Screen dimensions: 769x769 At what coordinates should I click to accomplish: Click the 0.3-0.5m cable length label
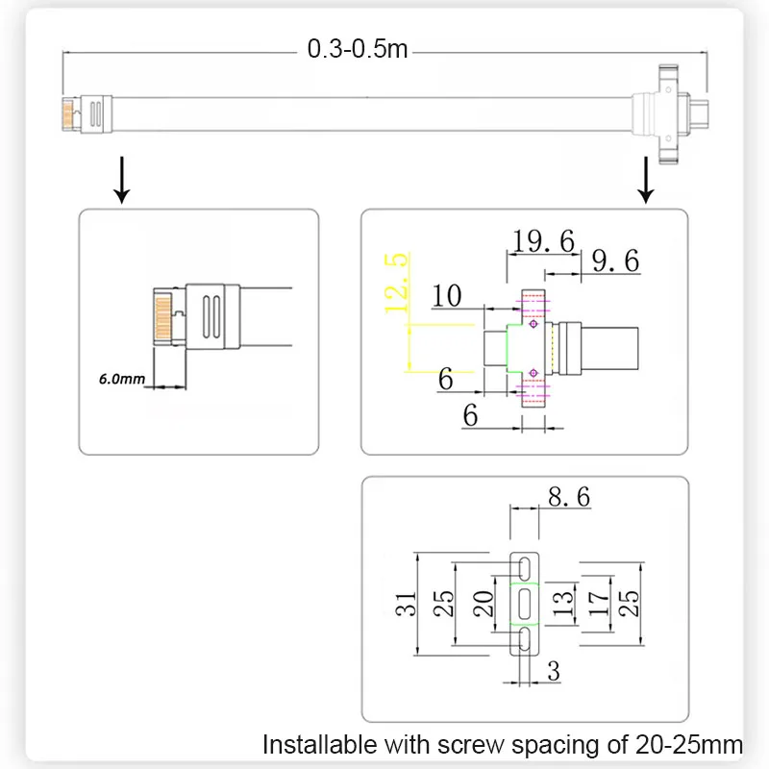tap(358, 49)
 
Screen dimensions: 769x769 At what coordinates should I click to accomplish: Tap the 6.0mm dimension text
tap(122, 379)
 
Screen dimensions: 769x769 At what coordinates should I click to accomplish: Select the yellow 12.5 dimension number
tap(396, 283)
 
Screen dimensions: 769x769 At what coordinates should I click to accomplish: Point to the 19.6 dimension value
tap(543, 241)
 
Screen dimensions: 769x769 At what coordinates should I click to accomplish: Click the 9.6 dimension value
tap(615, 260)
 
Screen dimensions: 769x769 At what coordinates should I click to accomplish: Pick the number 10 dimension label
tap(446, 296)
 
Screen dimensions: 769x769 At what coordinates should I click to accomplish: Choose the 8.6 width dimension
tap(569, 497)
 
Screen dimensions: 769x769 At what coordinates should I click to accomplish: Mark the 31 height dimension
tap(406, 604)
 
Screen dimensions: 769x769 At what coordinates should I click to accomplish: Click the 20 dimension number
tap(484, 604)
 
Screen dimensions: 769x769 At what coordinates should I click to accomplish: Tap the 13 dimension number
tap(563, 604)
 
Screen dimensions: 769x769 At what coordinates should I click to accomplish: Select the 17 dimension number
tap(598, 604)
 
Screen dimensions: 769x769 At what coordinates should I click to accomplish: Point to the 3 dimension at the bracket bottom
tap(554, 671)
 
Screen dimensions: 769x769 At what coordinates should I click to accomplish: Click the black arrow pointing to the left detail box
tap(122, 180)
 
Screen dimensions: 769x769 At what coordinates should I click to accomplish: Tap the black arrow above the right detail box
tap(646, 180)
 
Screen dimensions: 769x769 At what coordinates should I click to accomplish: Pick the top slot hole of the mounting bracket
tap(524, 568)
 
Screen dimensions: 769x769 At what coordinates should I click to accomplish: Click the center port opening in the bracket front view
tap(524, 604)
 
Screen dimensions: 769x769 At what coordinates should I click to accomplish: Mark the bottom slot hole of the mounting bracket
tap(524, 639)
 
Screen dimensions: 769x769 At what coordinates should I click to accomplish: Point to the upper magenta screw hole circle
tap(533, 324)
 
